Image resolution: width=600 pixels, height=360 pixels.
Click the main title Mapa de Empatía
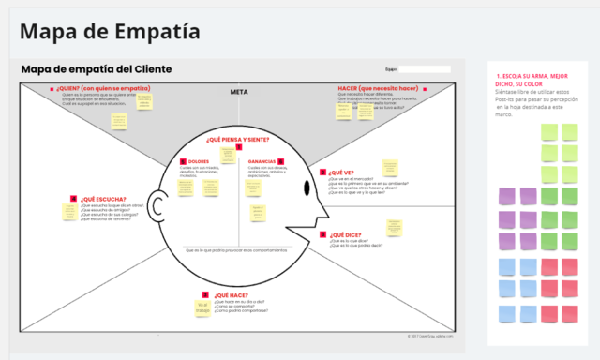109,32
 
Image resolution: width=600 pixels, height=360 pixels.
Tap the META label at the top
238,92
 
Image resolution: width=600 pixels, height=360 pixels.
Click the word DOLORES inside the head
199,161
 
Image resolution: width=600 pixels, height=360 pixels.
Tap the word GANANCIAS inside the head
262,161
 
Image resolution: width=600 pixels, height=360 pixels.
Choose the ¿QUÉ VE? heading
341,172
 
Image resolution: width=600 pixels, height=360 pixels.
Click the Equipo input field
425,68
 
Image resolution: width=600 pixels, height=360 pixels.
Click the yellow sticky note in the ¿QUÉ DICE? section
396,228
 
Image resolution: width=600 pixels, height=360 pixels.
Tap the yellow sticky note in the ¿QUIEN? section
119,121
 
